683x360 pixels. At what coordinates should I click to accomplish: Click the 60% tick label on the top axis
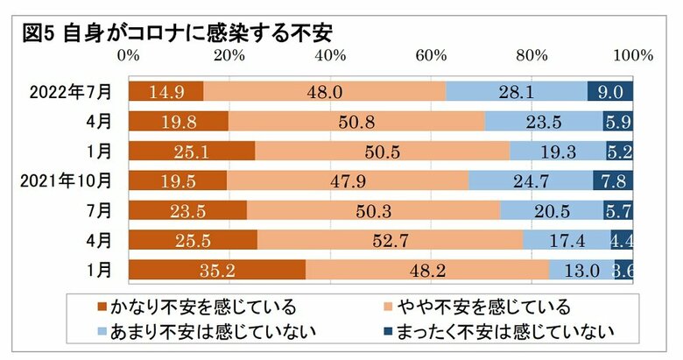click(x=431, y=55)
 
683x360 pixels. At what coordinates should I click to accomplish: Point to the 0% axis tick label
click(x=130, y=55)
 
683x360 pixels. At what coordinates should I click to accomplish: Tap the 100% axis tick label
click(x=632, y=55)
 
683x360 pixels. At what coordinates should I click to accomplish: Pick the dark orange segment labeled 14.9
click(x=165, y=91)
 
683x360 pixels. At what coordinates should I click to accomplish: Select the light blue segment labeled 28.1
click(x=517, y=91)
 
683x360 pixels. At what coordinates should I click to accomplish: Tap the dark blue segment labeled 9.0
click(x=609, y=91)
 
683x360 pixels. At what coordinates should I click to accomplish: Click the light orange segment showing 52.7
click(x=389, y=241)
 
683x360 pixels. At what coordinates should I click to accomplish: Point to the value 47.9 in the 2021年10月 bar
click(x=349, y=181)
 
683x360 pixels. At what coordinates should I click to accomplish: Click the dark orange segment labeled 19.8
click(x=178, y=121)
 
